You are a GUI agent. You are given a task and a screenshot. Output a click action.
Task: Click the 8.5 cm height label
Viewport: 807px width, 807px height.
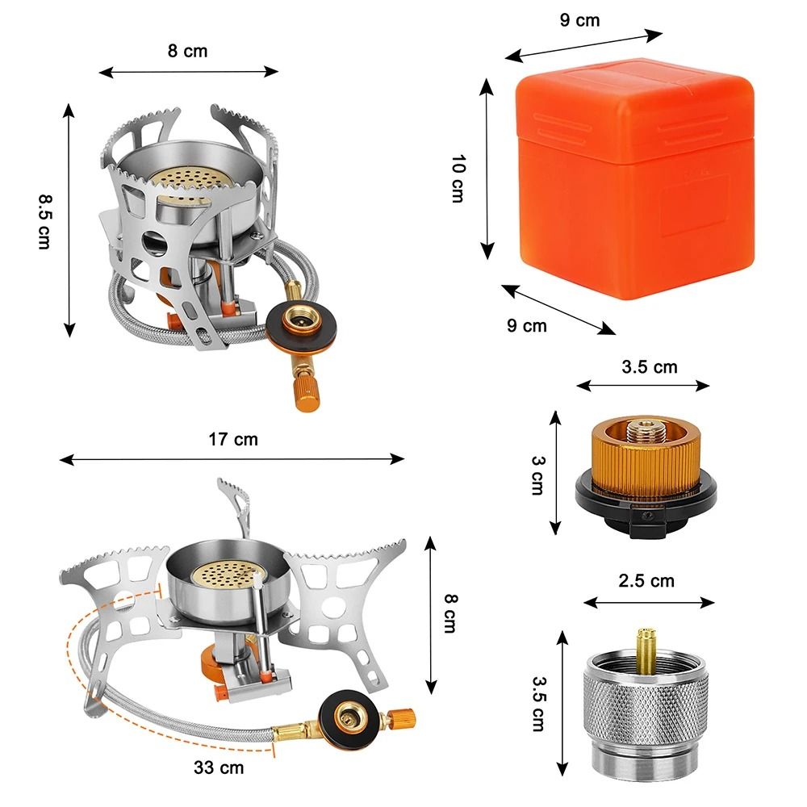pyautogui.click(x=44, y=220)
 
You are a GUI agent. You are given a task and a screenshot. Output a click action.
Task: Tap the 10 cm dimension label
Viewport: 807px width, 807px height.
pyautogui.click(x=458, y=178)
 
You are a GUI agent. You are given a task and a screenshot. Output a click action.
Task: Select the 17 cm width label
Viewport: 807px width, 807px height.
pyautogui.click(x=233, y=440)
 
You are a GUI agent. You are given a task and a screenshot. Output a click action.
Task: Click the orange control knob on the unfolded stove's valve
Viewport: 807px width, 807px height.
pyautogui.click(x=401, y=716)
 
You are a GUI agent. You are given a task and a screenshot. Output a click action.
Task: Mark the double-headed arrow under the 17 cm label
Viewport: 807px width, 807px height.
pyautogui.click(x=232, y=459)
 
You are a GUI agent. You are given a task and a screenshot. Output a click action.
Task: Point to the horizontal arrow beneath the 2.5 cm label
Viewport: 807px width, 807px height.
pyautogui.click(x=650, y=602)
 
